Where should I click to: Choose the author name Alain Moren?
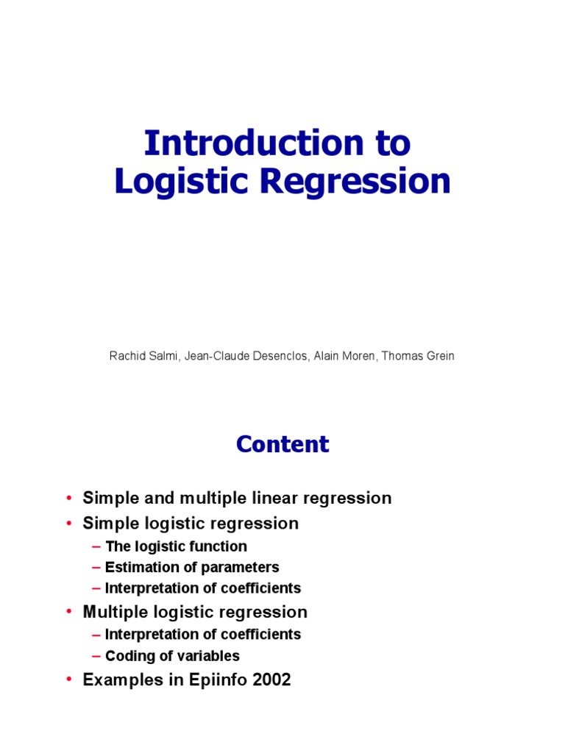(341, 356)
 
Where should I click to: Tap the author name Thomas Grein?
(418, 356)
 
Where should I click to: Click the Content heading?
(282, 444)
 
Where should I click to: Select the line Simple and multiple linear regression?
(237, 498)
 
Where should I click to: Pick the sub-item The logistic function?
(176, 546)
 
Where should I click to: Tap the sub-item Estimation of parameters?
(192, 567)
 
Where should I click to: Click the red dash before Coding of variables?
(96, 656)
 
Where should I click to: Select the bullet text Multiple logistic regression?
(195, 612)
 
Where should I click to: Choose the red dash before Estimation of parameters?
(96, 568)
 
